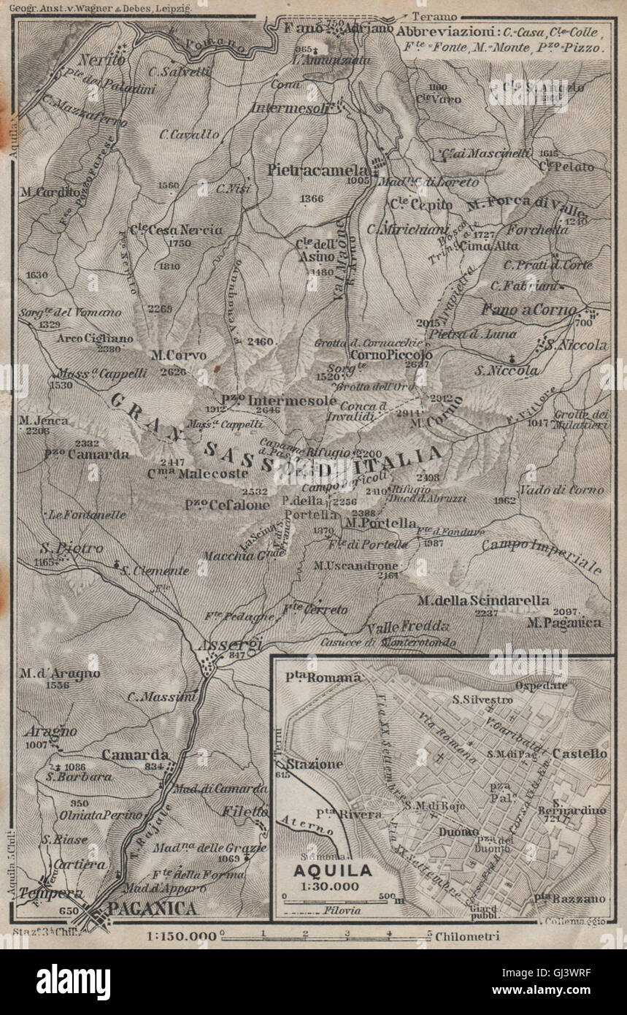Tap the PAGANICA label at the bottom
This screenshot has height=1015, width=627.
click(152, 908)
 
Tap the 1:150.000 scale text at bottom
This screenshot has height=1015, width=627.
click(181, 936)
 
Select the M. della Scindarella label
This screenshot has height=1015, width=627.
click(483, 600)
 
